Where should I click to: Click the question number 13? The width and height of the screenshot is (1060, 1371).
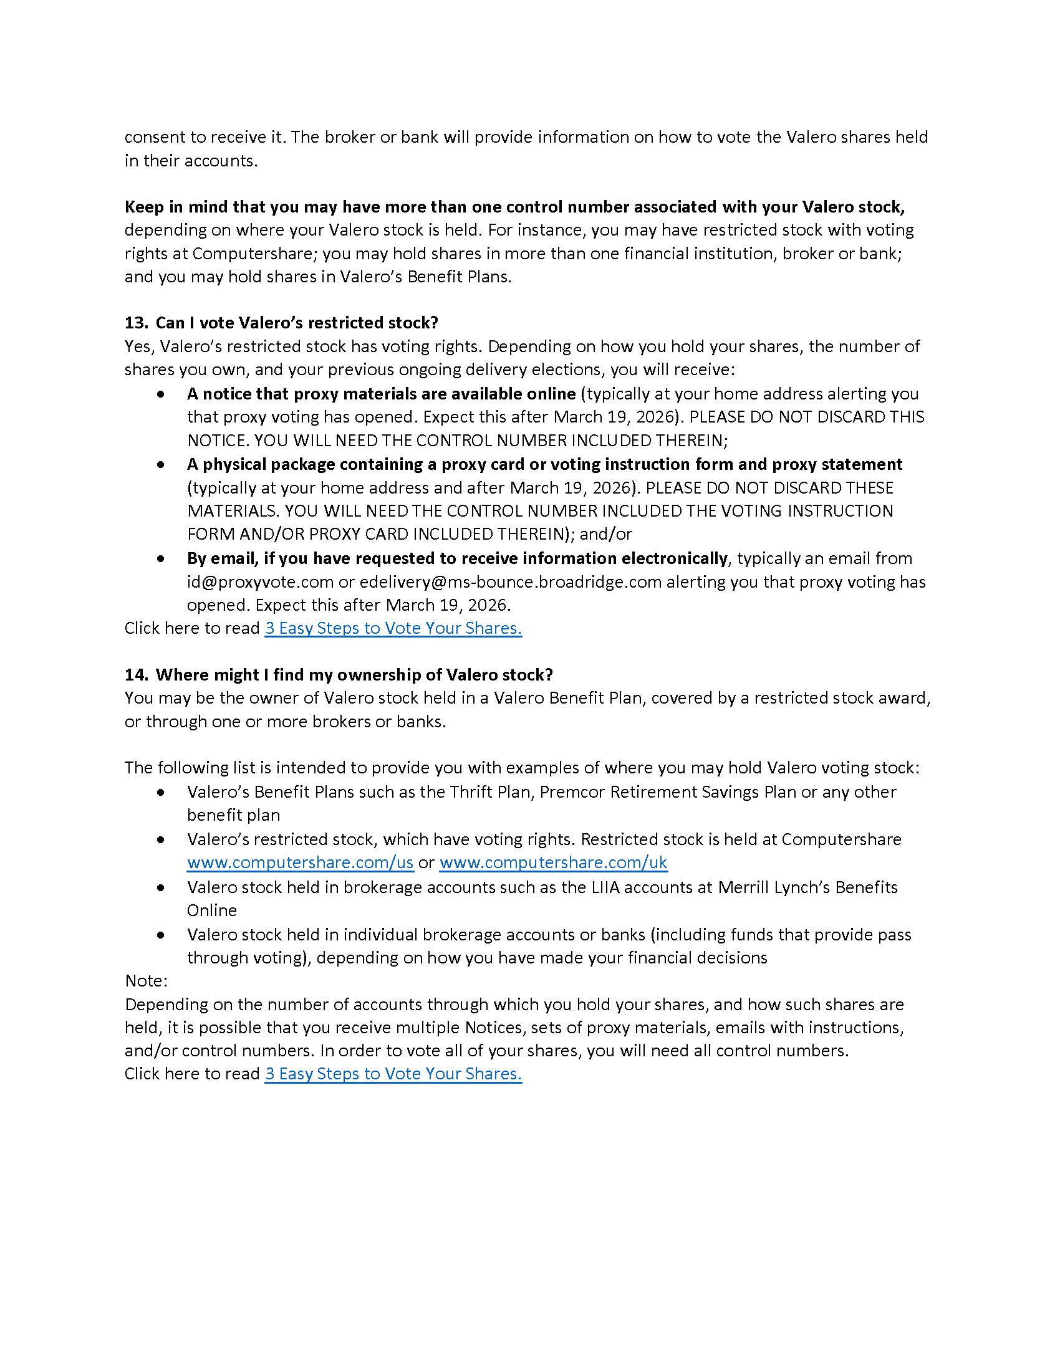(135, 323)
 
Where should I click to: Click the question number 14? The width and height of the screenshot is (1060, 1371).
(135, 675)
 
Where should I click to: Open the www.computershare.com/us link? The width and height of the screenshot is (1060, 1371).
(300, 862)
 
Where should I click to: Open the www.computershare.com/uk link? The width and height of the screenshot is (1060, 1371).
(553, 862)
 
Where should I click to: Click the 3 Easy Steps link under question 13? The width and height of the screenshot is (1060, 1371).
(393, 628)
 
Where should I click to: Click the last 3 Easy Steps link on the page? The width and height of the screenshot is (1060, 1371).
(393, 1074)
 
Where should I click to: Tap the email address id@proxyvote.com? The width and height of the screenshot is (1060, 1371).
(260, 582)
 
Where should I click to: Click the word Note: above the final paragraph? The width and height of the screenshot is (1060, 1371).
(146, 980)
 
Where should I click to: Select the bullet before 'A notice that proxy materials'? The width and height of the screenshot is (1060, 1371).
(162, 394)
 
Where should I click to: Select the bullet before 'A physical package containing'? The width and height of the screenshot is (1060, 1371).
(162, 464)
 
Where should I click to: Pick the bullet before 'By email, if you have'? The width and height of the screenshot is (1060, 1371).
(162, 559)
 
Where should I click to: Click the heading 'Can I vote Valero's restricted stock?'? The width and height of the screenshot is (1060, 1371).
(296, 323)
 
